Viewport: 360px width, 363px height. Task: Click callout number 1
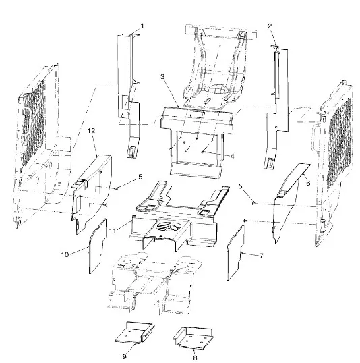tap(142, 26)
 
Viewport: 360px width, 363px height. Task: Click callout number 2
tap(270, 26)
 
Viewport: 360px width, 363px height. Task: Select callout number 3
tap(162, 76)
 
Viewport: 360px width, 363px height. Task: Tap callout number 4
tap(232, 157)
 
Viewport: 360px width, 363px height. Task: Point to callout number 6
tap(308, 183)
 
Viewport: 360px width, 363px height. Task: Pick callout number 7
tap(261, 256)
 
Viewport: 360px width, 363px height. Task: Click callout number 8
tap(195, 358)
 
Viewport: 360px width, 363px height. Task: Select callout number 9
tap(125, 357)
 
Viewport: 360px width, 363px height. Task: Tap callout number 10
tap(65, 254)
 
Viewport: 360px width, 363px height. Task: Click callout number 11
tap(113, 231)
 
